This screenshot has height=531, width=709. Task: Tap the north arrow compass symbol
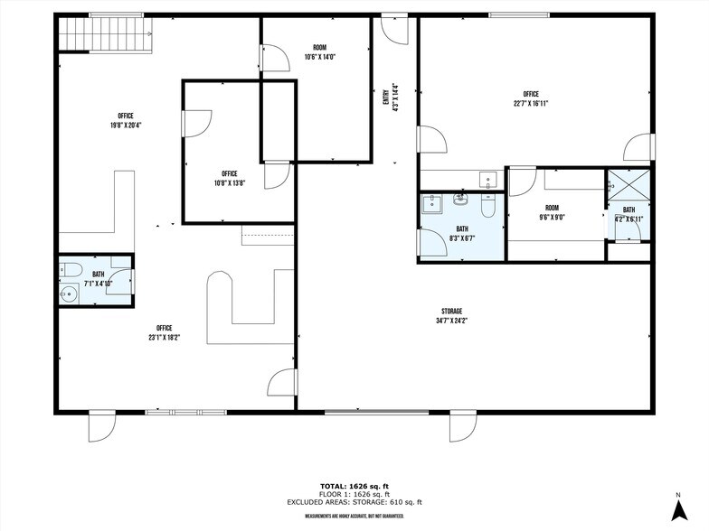pyautogui.click(x=677, y=506)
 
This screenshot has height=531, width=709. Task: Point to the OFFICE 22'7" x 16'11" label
pyautogui.click(x=531, y=98)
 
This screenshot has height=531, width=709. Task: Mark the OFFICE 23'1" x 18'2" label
pyautogui.click(x=164, y=332)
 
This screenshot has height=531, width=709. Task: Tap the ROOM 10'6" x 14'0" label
pyautogui.click(x=319, y=51)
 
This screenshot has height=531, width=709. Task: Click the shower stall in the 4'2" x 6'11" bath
pyautogui.click(x=627, y=187)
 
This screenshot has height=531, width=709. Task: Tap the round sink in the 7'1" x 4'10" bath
pyautogui.click(x=70, y=293)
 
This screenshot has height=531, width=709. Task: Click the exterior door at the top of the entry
pyautogui.click(x=394, y=29)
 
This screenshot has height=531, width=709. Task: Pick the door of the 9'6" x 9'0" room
pyautogui.click(x=522, y=182)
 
